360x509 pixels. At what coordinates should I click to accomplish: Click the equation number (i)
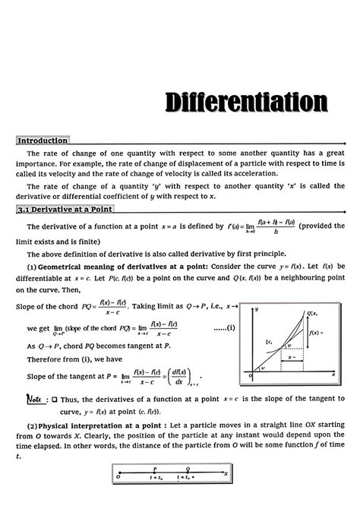226,327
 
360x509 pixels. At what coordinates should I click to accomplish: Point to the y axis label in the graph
259,310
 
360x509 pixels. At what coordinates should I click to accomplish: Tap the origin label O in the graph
250,375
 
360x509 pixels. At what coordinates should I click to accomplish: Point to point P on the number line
154,469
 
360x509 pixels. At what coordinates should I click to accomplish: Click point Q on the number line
188,469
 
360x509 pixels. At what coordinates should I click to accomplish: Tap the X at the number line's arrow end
226,473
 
